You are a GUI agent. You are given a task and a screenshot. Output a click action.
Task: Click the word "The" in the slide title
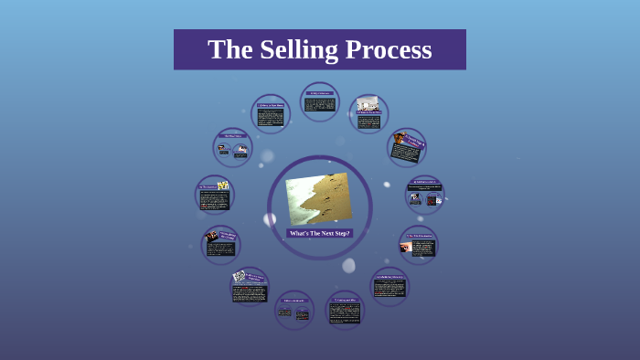pyautogui.click(x=229, y=49)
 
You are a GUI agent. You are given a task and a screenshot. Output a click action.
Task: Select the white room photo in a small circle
pyautogui.click(x=368, y=104)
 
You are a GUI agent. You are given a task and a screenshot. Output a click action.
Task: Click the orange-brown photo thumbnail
pyautogui.click(x=399, y=139)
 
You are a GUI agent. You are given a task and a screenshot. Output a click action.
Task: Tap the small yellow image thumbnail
pyautogui.click(x=222, y=185)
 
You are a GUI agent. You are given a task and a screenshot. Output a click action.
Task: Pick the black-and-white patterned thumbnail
pyautogui.click(x=239, y=276)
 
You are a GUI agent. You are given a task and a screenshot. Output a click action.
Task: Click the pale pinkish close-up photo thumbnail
pyautogui.click(x=406, y=247)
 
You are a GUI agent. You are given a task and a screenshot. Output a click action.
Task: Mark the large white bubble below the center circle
pyautogui.click(x=348, y=265)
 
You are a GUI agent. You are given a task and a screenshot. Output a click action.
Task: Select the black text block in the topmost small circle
pyautogui.click(x=320, y=104)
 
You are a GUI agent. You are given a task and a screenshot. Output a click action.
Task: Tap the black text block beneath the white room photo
pyautogui.click(x=369, y=121)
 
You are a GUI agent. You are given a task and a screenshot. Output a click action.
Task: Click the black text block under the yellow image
pyautogui.click(x=213, y=199)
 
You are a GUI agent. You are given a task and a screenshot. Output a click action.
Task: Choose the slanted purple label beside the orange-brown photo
pyautogui.click(x=414, y=142)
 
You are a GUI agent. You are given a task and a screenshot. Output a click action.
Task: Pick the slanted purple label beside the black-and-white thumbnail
pyautogui.click(x=255, y=277)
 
